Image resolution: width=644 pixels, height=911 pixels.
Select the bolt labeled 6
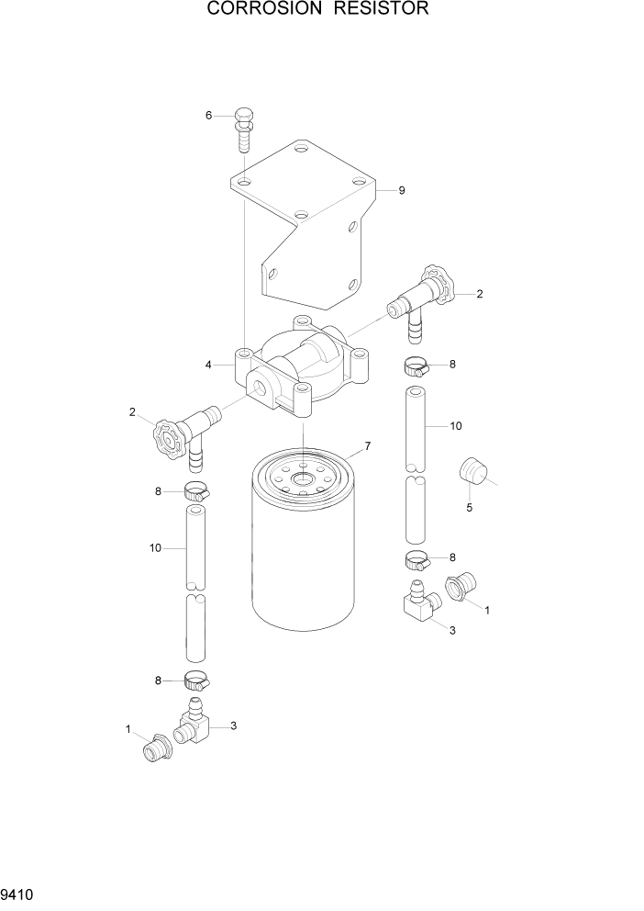[x=244, y=131]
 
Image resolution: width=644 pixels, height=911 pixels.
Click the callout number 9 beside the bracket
[x=402, y=191]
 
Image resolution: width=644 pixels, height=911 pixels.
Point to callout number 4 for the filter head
[x=209, y=365]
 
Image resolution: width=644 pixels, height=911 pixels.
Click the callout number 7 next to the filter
[x=367, y=446]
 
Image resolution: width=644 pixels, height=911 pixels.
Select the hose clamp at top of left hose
[x=195, y=491]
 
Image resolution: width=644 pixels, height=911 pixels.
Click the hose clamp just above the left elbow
[x=195, y=680]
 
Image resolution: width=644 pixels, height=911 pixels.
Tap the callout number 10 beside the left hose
[x=155, y=548]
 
